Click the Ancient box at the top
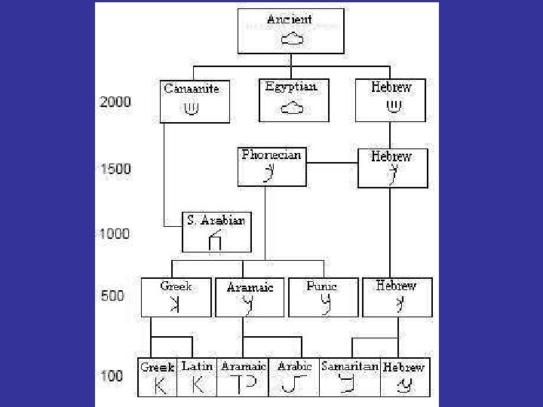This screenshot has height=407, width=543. click(290, 31)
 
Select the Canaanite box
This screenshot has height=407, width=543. click(195, 101)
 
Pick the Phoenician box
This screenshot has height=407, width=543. click(271, 167)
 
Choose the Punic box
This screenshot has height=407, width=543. click(323, 297)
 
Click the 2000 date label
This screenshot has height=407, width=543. click(115, 102)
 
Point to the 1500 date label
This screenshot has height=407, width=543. click(115, 169)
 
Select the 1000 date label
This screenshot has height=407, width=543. click(115, 234)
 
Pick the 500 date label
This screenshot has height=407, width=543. click(112, 296)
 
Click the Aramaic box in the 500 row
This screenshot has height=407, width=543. click(250, 297)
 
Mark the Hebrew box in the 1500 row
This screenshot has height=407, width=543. click(392, 167)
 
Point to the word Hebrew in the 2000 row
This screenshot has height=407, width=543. click(391, 87)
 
